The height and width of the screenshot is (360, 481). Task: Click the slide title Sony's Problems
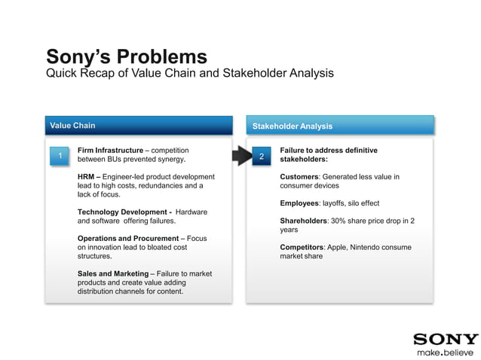126,56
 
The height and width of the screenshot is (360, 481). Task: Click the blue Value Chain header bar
138,126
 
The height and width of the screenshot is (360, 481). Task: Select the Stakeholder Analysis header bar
340,126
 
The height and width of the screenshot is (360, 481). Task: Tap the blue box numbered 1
59,155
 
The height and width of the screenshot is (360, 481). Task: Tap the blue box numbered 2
261,156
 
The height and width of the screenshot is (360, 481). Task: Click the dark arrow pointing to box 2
240,156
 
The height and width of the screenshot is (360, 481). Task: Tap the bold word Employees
299,203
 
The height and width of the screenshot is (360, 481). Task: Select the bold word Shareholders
303,221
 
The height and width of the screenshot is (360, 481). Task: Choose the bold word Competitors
302,247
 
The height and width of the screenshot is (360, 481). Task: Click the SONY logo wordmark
446,340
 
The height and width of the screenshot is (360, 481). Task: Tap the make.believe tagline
446,352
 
